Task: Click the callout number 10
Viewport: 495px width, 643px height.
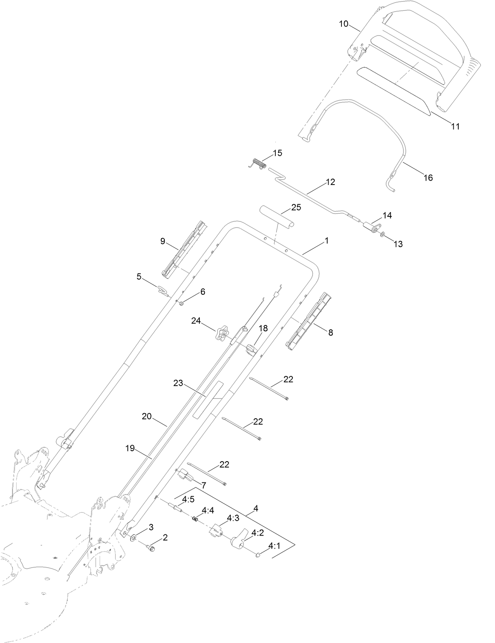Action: coord(343,24)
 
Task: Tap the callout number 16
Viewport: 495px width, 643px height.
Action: coord(428,178)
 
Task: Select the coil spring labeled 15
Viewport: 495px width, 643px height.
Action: coord(258,163)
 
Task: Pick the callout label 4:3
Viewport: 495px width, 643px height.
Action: coord(233,518)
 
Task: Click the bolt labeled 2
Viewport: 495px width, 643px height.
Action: coord(151,549)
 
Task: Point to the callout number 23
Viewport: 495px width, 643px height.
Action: coord(178,383)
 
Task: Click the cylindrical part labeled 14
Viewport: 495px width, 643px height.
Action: coord(371,227)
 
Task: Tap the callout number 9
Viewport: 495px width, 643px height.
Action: coord(163,241)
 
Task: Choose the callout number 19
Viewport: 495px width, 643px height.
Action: coord(130,448)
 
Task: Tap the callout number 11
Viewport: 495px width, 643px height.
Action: coord(455,127)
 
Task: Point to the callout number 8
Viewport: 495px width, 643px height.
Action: coord(331,333)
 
